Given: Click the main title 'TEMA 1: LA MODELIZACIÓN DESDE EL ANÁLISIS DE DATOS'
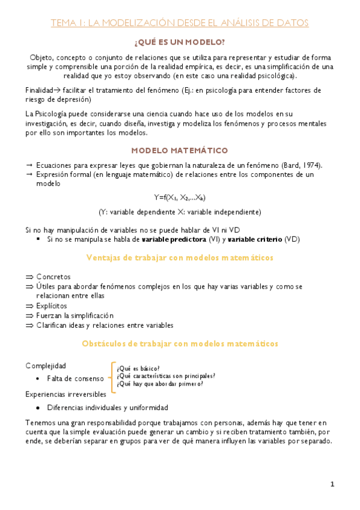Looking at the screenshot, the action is (x=180, y=23).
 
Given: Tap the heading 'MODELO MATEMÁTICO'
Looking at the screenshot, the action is (x=180, y=150).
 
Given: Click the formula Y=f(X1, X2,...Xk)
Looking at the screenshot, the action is (x=180, y=197).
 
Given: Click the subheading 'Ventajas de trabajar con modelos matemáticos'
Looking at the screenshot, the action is (x=180, y=257).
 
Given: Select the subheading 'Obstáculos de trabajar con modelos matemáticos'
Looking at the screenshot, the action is (x=180, y=344).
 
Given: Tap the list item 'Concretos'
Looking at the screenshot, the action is (x=53, y=277).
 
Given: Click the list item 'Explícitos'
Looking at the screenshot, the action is (x=52, y=306).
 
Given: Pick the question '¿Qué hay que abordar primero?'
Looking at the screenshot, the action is (x=160, y=384).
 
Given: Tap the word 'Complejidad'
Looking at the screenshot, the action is (x=46, y=366).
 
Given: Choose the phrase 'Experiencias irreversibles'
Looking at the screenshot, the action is (x=66, y=394).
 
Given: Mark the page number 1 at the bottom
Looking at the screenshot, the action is (x=332, y=485).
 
